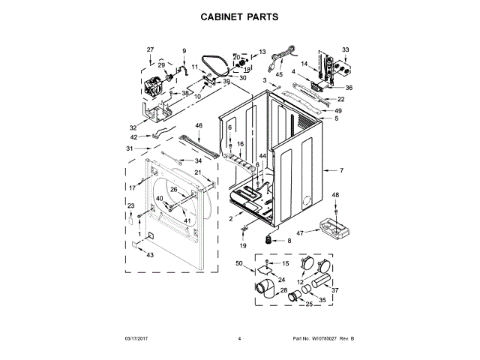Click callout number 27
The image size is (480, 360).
[x=150, y=49]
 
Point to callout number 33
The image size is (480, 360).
[x=346, y=49]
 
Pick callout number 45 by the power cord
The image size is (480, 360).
[x=279, y=74]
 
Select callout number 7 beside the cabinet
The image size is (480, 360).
[x=341, y=171]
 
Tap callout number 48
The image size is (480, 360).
[x=335, y=195]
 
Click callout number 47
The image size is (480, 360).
[x=299, y=233]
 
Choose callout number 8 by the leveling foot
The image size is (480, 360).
[x=290, y=240]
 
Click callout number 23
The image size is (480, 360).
[x=130, y=205]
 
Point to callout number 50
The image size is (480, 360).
[x=239, y=263]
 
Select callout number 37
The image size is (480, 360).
[x=335, y=290]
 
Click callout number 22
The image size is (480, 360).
[x=340, y=99]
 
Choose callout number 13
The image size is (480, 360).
[x=262, y=52]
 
